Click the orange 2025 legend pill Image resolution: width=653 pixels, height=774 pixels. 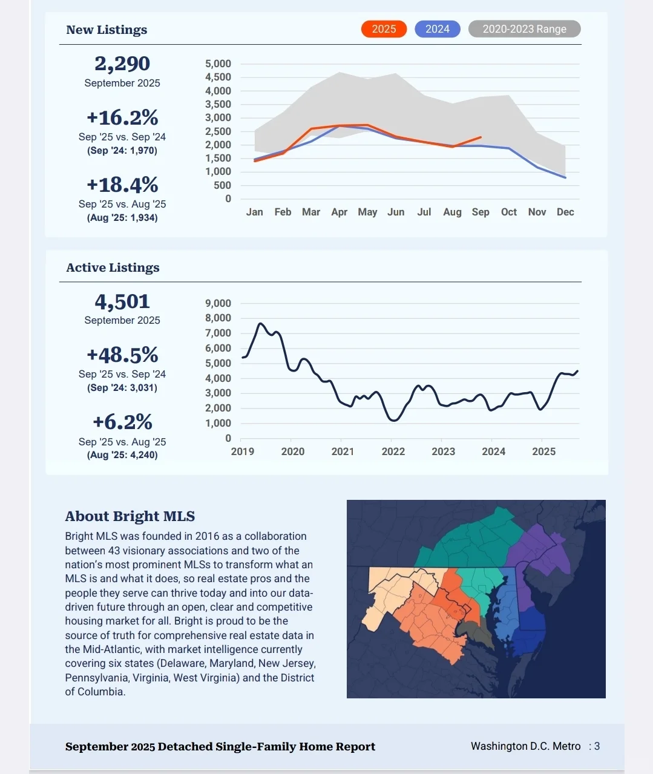click(384, 29)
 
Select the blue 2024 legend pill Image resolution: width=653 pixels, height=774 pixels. click(437, 29)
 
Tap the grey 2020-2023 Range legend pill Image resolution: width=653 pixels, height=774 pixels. click(524, 29)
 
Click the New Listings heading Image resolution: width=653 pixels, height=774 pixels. click(107, 30)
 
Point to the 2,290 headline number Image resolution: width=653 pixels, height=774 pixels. click(122, 64)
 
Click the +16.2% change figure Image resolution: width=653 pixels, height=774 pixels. click(122, 117)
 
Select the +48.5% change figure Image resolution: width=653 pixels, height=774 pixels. click(122, 355)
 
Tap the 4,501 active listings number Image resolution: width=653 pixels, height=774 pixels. click(122, 301)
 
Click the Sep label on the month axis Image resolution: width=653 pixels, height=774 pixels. click(481, 212)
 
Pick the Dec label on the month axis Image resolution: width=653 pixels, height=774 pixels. click(565, 212)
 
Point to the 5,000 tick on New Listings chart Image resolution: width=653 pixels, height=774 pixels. click(218, 64)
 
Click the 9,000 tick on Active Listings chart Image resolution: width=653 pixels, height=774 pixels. click(218, 303)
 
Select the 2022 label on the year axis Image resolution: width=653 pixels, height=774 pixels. click(393, 451)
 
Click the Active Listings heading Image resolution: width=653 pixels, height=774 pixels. click(113, 267)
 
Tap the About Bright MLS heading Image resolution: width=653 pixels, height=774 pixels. click(130, 516)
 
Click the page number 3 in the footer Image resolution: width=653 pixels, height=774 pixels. click(597, 746)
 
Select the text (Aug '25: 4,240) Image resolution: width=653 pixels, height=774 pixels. click(122, 455)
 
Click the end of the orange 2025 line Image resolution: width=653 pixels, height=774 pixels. click(481, 137)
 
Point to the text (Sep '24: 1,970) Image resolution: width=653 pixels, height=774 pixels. click(122, 151)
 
